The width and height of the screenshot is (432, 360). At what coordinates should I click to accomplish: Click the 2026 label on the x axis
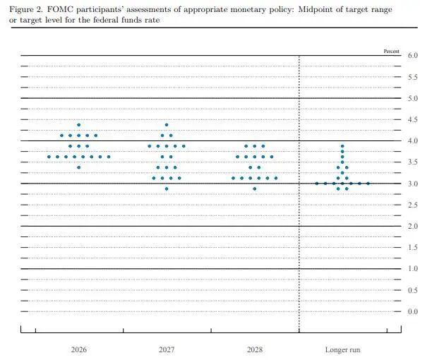coord(79,349)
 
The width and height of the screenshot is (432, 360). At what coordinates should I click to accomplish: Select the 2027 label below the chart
coord(167,349)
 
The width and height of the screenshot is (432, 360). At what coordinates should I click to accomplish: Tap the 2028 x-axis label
coord(255,349)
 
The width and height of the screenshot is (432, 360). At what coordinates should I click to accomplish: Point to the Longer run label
coord(342,349)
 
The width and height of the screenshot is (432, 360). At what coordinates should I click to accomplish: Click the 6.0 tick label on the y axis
coord(413,55)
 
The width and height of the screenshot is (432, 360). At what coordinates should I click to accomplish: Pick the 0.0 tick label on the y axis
coord(413,311)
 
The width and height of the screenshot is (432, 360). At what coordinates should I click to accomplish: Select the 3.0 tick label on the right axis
coord(413,184)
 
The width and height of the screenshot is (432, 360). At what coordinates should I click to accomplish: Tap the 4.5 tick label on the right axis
coord(413,119)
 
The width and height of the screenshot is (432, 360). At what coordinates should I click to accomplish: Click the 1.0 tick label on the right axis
coord(413,268)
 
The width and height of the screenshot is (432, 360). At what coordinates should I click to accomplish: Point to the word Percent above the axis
coord(391,52)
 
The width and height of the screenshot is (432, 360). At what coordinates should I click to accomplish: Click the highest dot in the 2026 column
coord(79,125)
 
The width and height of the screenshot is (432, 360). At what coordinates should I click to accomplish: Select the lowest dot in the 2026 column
coord(79,167)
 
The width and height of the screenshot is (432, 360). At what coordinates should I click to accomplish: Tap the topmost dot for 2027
coord(167,125)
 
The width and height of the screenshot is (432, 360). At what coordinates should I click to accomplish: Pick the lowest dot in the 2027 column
coord(167,188)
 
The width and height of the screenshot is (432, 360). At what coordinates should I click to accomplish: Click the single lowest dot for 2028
coord(255,188)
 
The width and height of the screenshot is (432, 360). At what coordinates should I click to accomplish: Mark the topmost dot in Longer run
coord(342,146)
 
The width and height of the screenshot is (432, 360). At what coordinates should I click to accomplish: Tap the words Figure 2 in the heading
coord(26,10)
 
